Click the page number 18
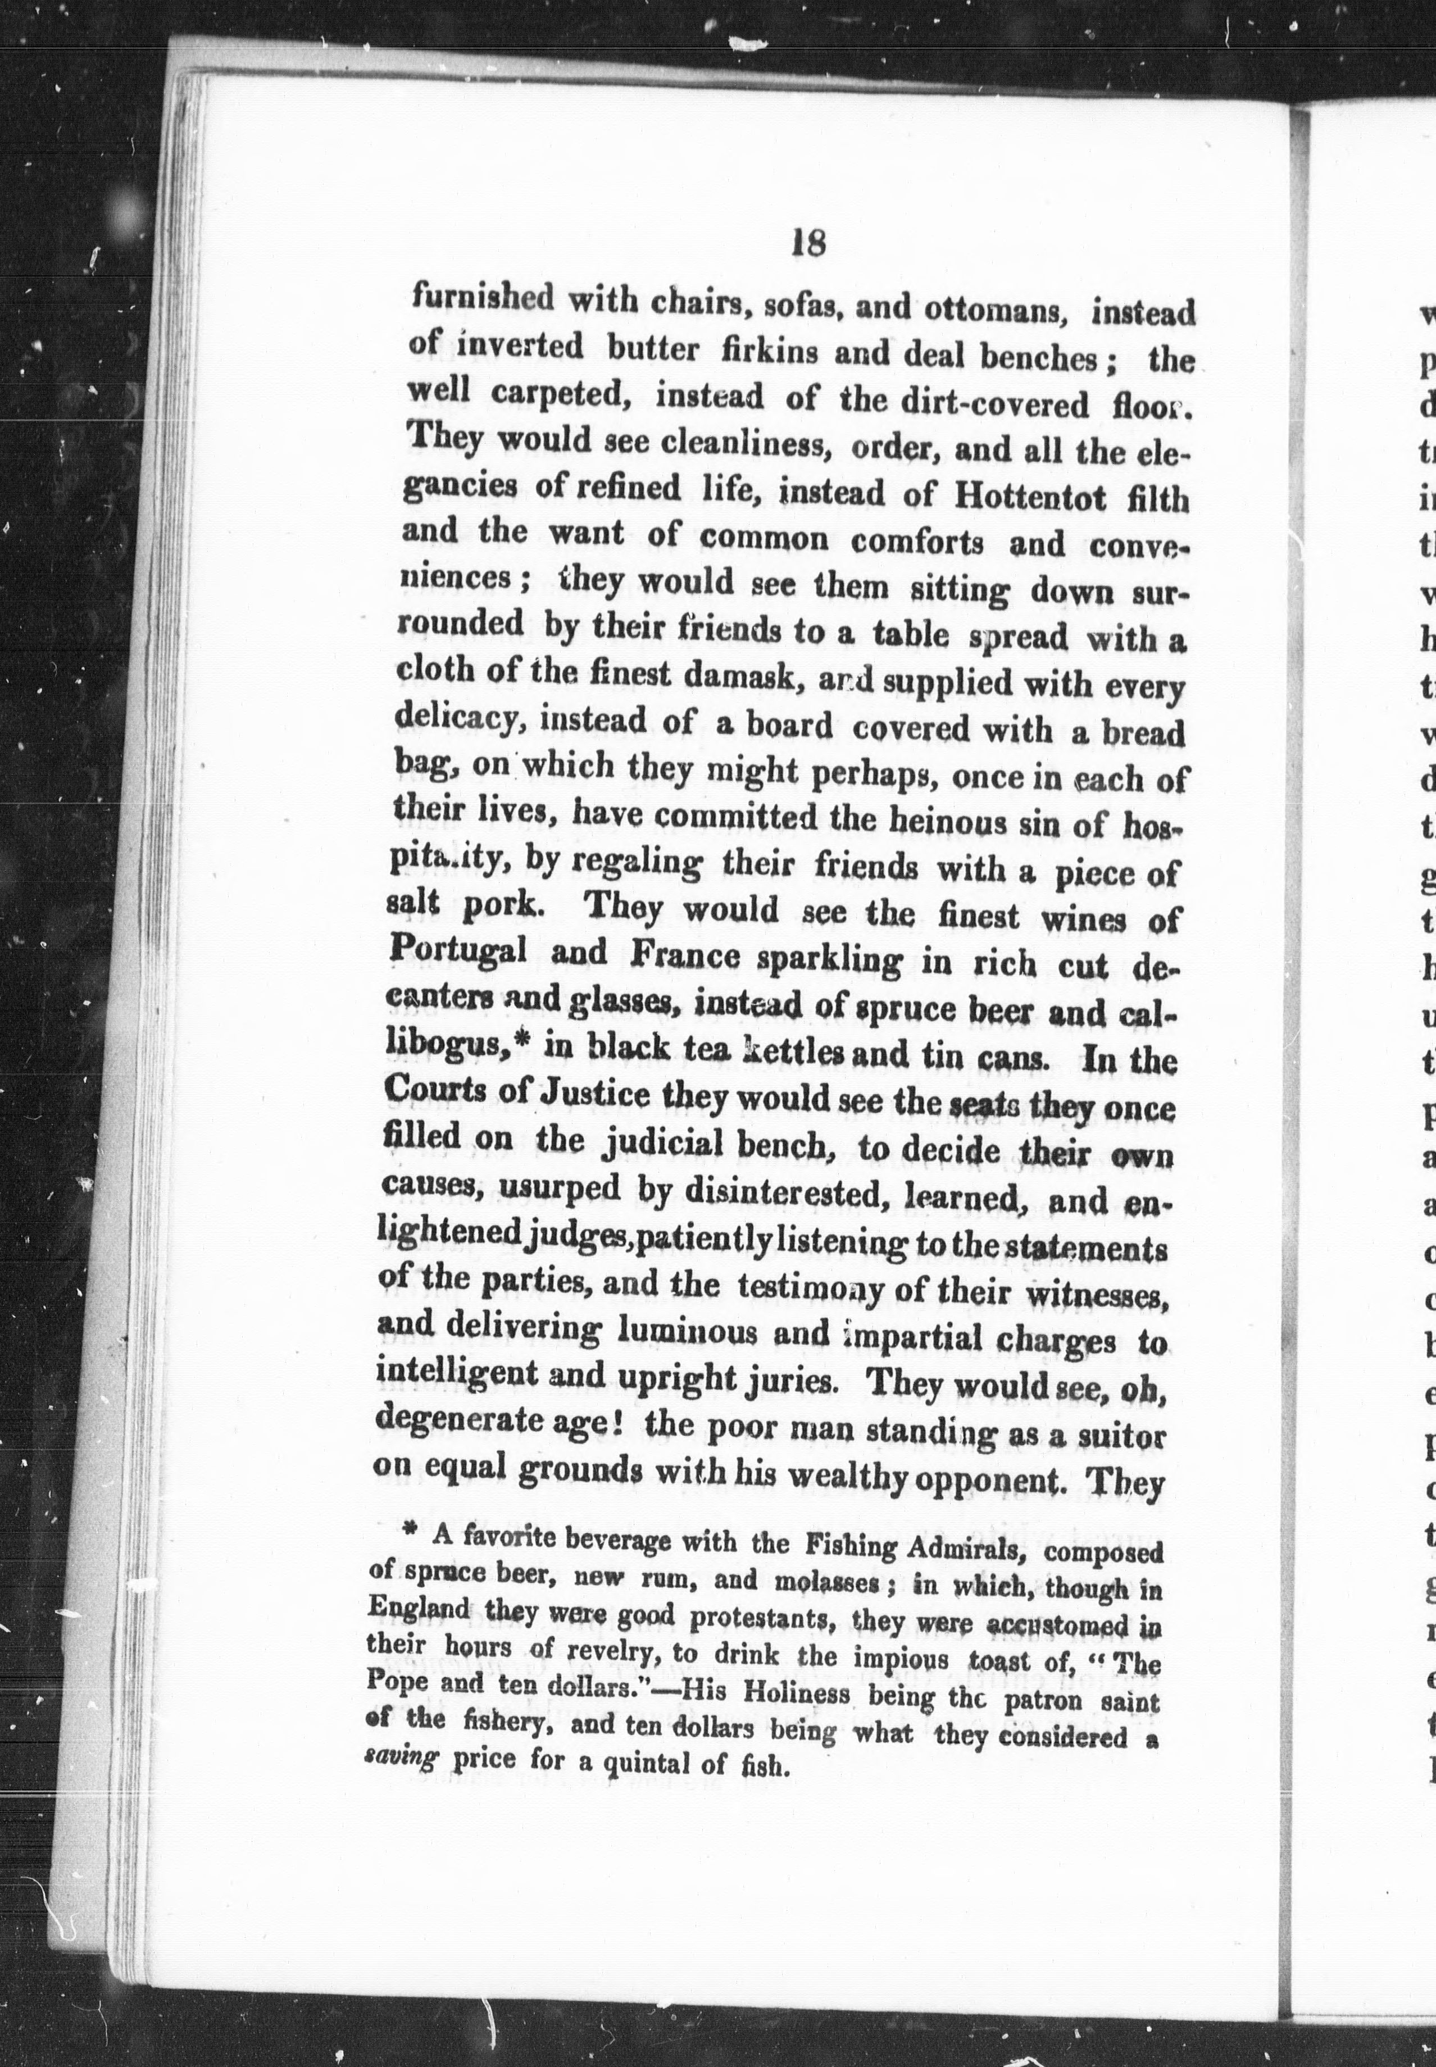[807, 243]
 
